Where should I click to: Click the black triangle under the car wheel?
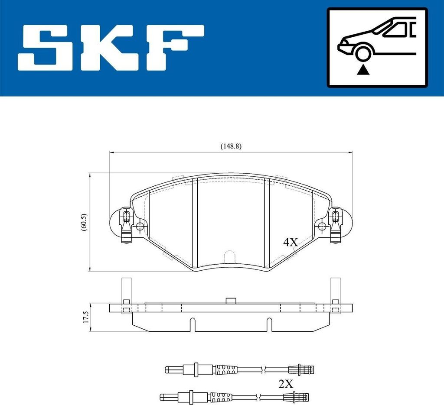point(362,69)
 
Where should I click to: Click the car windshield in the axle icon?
point(392,29)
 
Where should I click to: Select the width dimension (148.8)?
point(230,146)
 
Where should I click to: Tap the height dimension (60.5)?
point(84,222)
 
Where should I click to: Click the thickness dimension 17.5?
point(85,317)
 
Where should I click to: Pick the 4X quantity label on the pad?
point(291,242)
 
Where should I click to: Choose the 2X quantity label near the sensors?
point(286,383)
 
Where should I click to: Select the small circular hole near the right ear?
point(321,226)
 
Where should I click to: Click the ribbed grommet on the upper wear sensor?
point(227,369)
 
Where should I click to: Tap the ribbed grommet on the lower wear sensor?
point(221,396)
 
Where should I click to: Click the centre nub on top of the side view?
point(230,301)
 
